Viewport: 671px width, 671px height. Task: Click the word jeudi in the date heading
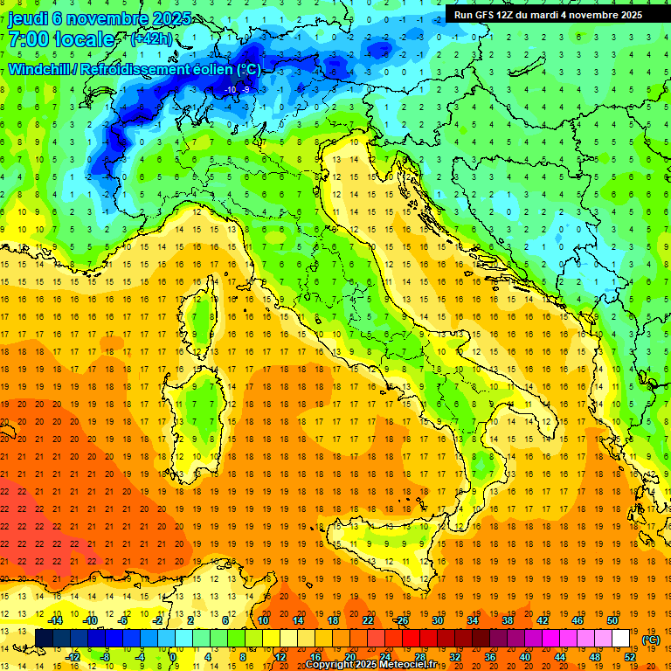[x=28, y=18]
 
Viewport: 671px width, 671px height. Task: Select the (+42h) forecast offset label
[x=150, y=39]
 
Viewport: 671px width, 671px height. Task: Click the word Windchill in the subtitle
[x=40, y=69]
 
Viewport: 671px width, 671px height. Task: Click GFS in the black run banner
[x=487, y=14]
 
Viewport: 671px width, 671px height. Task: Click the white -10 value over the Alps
[x=232, y=89]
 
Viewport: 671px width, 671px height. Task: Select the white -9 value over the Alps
[x=246, y=89]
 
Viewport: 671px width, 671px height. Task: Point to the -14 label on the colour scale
[x=55, y=619]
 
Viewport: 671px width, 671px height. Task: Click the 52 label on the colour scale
[x=630, y=657]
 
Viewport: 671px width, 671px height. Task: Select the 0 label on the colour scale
[x=173, y=657]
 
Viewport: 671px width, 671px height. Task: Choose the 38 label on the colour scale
[x=508, y=619]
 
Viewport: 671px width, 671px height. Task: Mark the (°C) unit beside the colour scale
[x=650, y=639]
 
